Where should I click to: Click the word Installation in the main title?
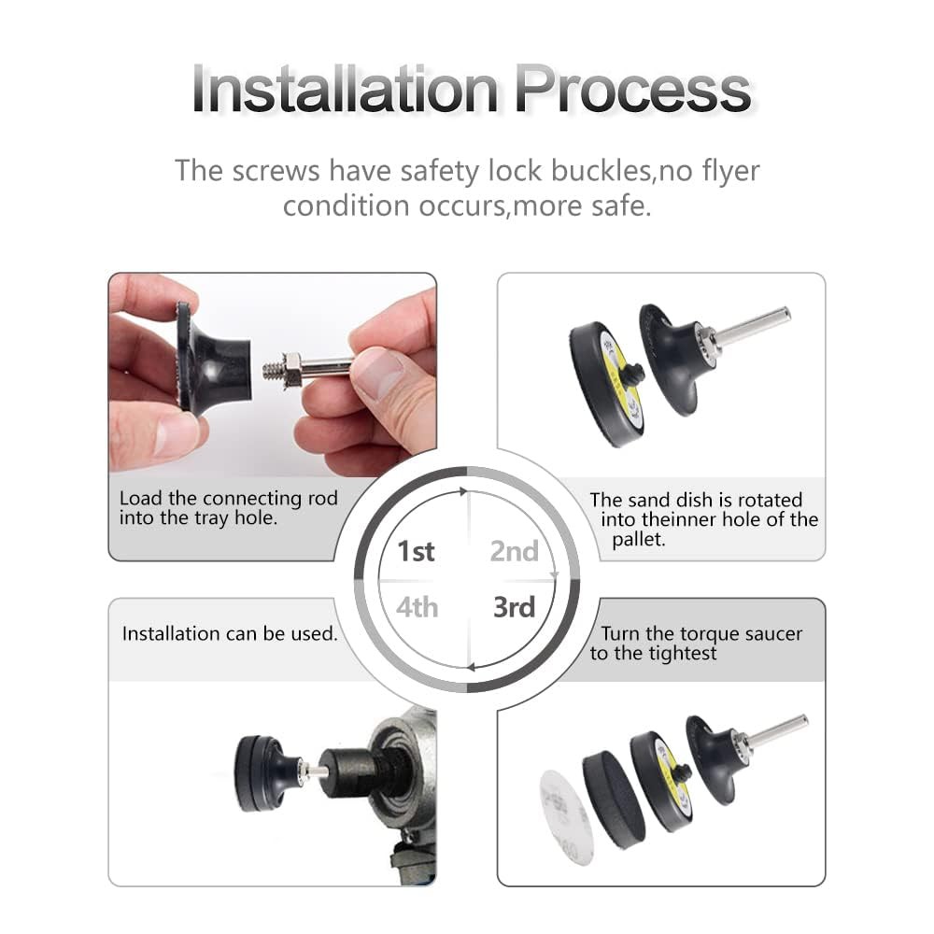(345, 90)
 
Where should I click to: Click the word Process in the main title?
(632, 90)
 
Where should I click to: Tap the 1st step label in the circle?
(416, 551)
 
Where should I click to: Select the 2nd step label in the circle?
(514, 551)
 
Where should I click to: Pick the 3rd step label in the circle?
(514, 607)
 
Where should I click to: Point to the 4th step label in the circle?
(417, 607)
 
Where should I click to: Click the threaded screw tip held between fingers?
(272, 371)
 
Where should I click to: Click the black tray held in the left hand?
(211, 358)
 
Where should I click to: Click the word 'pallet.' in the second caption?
(639, 540)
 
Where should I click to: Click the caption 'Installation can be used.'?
(230, 634)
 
